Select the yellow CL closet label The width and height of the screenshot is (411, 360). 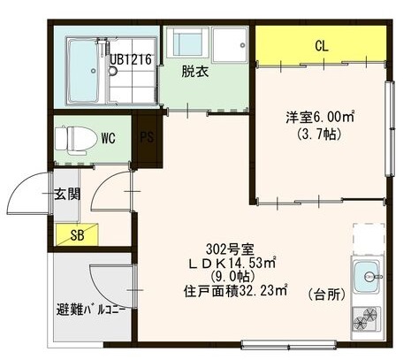coord(322,45)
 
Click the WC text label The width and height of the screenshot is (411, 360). coord(109,138)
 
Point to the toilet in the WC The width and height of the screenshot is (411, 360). coord(70,138)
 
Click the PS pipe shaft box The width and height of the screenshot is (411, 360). coord(147,137)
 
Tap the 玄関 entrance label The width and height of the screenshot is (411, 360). coord(65,194)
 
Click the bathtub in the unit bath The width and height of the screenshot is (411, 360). coord(80,64)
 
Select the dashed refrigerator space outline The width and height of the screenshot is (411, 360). coord(369,238)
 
